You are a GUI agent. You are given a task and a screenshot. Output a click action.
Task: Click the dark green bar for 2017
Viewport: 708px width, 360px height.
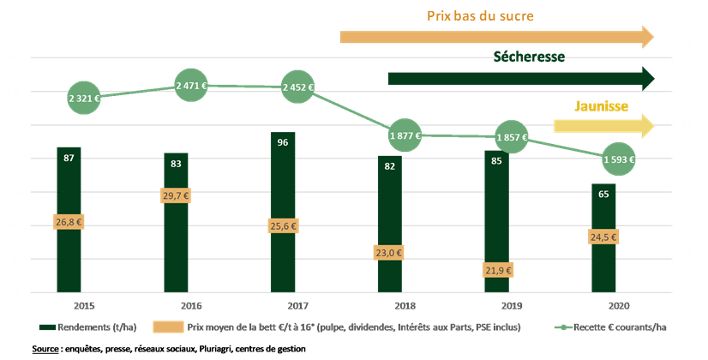pyautogui.click(x=283, y=214)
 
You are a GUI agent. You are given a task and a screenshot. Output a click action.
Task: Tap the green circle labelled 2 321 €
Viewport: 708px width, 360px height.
pyautogui.click(x=83, y=99)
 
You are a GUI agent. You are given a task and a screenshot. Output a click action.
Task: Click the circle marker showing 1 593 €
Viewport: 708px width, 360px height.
pyautogui.click(x=618, y=159)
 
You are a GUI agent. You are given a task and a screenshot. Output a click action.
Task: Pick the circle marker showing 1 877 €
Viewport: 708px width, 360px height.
pyautogui.click(x=405, y=135)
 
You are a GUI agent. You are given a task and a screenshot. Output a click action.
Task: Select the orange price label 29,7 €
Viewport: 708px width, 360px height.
pyautogui.click(x=176, y=196)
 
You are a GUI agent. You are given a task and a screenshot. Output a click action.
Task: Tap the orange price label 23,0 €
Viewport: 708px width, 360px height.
pyautogui.click(x=390, y=253)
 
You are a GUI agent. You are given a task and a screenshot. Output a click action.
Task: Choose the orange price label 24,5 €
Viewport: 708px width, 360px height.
pyautogui.click(x=604, y=237)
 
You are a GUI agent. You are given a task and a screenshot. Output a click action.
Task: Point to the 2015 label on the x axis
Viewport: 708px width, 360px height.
pyautogui.click(x=84, y=305)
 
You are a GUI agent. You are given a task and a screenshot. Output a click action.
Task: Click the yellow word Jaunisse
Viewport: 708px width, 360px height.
pyautogui.click(x=601, y=107)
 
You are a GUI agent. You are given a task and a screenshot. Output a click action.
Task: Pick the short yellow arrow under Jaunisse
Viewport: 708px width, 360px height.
pyautogui.click(x=603, y=126)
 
